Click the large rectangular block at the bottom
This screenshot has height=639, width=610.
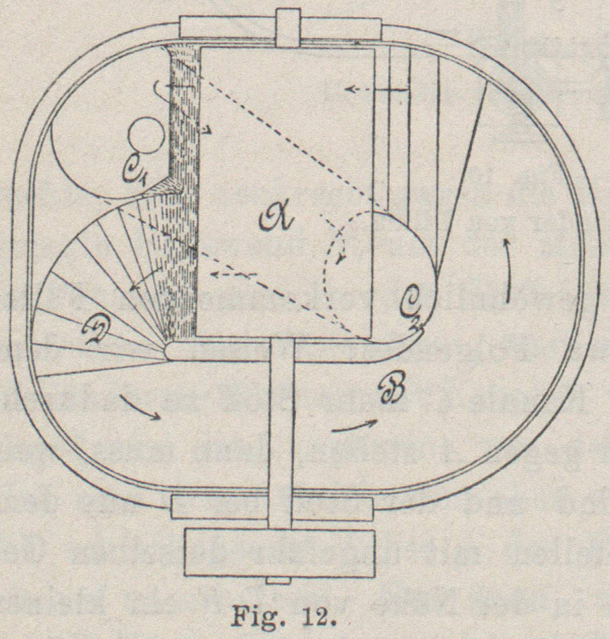click(x=280, y=553)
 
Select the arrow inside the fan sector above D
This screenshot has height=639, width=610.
click(x=145, y=279)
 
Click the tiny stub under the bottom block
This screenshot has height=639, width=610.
click(x=279, y=581)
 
